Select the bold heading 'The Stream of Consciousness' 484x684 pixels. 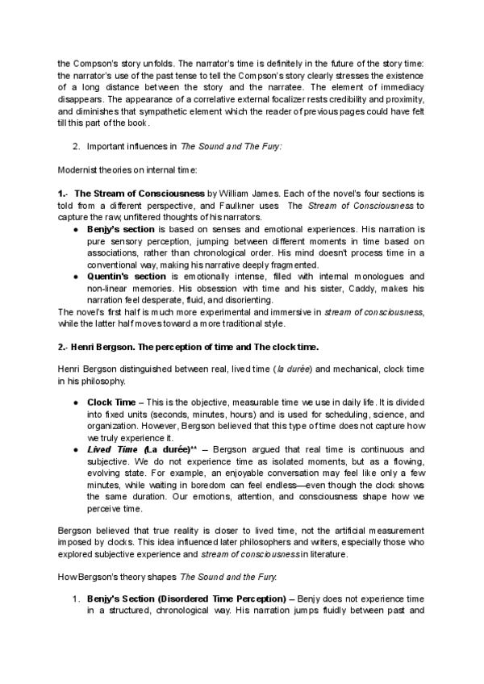140,194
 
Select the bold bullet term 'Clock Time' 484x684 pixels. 111,400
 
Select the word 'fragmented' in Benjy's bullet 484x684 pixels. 290,264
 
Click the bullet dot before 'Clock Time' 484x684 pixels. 76,401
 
